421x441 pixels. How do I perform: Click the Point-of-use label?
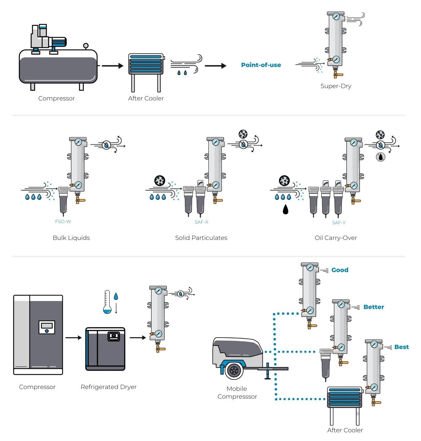pos(261,65)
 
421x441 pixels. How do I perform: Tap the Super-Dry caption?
pos(336,86)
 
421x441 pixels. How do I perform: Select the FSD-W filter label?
pos(63,222)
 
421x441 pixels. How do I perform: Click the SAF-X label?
pos(201,222)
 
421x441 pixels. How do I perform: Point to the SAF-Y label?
pos(339,223)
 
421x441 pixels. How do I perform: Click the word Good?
pos(340,270)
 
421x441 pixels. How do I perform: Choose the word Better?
pos(373,307)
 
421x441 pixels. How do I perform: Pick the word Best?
pos(401,347)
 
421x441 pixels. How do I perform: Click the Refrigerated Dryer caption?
pos(108,387)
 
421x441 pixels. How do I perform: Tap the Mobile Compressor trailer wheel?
pos(234,370)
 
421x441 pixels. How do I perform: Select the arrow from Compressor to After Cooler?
pos(113,66)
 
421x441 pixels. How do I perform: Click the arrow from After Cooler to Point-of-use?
pos(215,66)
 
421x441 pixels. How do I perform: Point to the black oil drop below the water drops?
pos(286,209)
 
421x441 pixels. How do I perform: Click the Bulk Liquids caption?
pos(71,238)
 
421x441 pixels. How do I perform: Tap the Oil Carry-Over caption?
pos(336,238)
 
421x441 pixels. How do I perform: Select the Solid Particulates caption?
pos(201,238)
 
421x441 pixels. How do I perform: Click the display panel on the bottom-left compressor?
pos(47,327)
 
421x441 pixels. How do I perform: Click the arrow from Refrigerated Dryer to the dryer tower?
pos(138,338)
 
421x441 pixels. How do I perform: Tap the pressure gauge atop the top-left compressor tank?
pos(86,46)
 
